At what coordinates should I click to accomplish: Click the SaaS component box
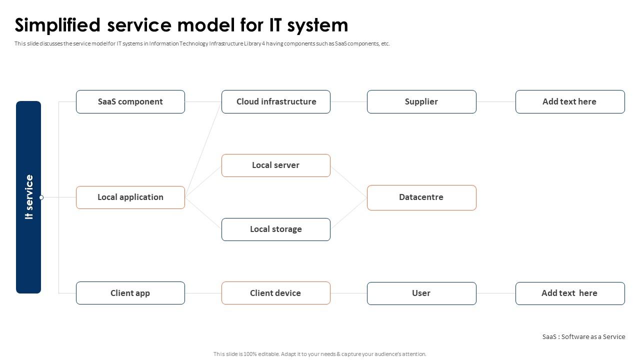click(x=130, y=101)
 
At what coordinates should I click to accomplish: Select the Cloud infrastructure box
click(x=276, y=101)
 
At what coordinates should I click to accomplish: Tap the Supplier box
click(x=421, y=101)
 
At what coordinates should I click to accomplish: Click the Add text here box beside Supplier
click(x=570, y=101)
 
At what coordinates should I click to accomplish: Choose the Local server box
click(x=276, y=165)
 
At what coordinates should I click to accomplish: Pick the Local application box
click(x=130, y=197)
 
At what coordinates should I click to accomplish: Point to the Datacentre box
click(x=421, y=197)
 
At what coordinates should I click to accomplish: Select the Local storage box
click(x=276, y=229)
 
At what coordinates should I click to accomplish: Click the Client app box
click(x=130, y=293)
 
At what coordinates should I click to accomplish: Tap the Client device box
click(x=276, y=293)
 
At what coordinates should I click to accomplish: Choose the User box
click(x=421, y=293)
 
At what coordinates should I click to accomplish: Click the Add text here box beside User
click(x=570, y=293)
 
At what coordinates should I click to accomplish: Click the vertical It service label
click(x=29, y=197)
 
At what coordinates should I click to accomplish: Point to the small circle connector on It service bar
click(x=41, y=197)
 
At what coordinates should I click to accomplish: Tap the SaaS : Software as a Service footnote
click(x=583, y=336)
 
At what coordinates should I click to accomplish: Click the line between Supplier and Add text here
click(x=495, y=101)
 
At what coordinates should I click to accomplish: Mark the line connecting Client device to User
click(x=348, y=293)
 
